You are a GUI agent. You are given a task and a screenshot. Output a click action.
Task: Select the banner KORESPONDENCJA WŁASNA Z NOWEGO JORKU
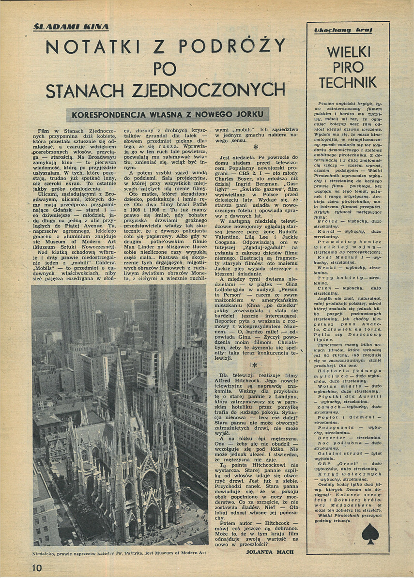[x=169, y=115]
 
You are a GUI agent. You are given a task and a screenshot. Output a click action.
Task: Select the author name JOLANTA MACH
[x=270, y=551]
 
